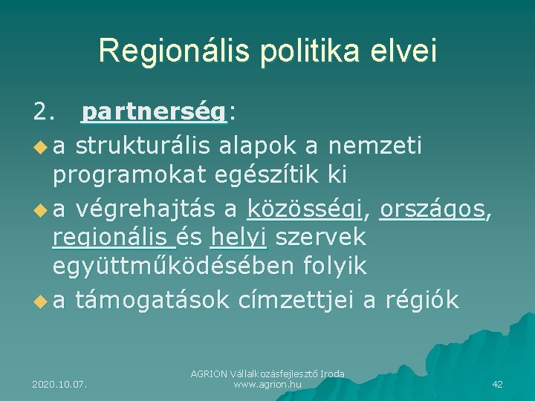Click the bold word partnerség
pos(155,112)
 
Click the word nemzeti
pos(376,146)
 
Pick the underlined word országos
pos(432,210)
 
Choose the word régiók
pos(421,301)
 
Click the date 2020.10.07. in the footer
pos(59,384)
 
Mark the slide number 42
pos(497,384)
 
